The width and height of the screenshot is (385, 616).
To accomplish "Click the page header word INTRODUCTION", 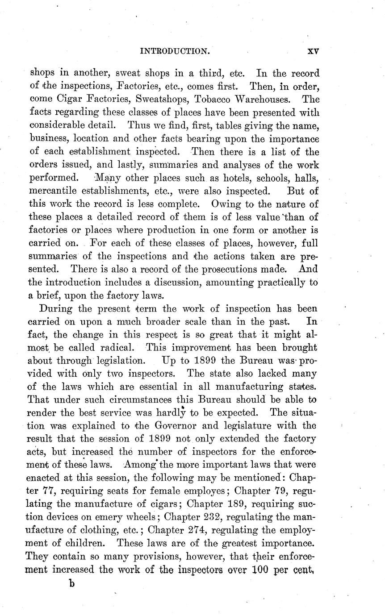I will pos(175,51).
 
